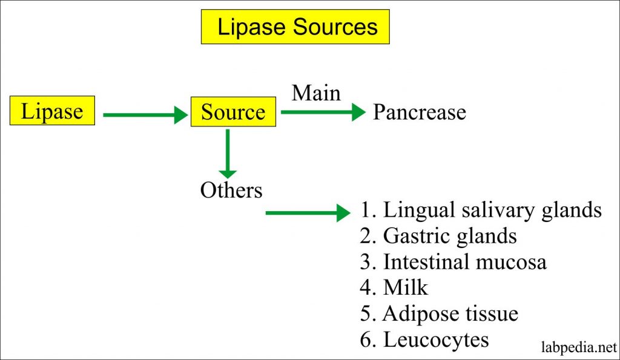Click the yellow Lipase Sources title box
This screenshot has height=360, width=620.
(295, 27)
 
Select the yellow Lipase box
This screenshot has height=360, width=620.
(52, 112)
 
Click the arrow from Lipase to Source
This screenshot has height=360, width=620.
(145, 114)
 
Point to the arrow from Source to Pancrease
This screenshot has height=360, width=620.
(323, 111)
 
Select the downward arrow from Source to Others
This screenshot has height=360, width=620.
(228, 154)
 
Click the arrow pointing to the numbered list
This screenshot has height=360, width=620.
(309, 213)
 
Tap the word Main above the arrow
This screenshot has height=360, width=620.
(316, 93)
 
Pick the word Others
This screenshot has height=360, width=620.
(231, 190)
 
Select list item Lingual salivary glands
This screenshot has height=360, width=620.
(481, 210)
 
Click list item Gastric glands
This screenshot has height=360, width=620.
(438, 236)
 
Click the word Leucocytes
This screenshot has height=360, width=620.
(436, 339)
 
